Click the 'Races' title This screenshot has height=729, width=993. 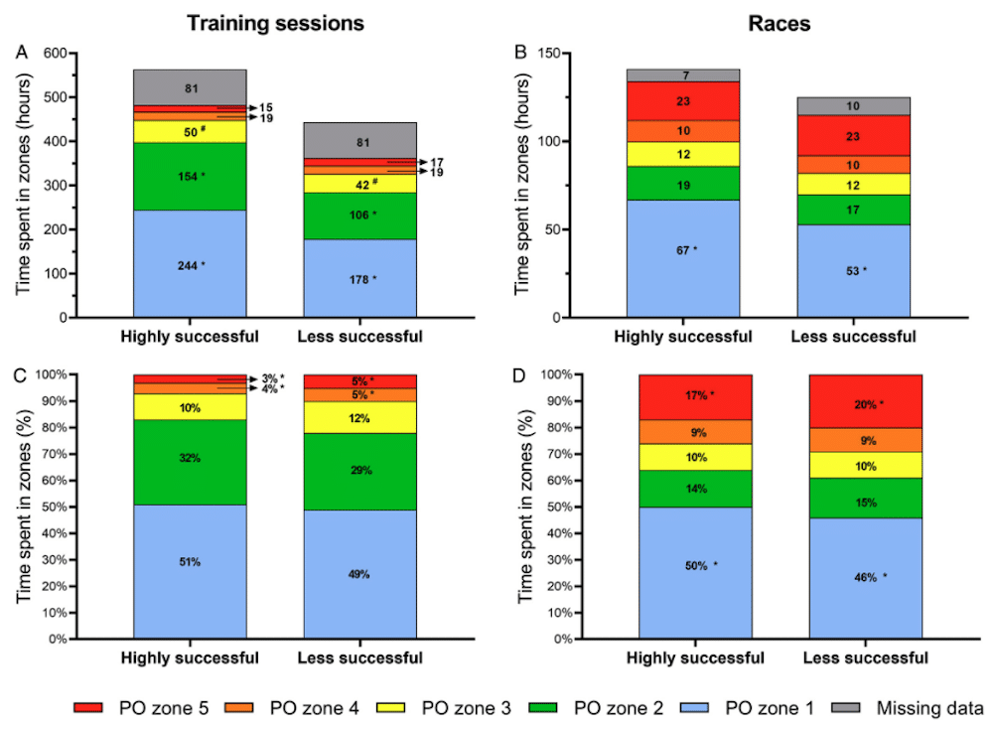point(780,23)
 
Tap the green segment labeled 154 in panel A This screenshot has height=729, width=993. point(190,176)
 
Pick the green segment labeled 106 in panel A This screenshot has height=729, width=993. point(360,215)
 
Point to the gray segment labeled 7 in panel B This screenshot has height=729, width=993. point(682,75)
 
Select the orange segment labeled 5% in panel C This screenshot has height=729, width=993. point(360,395)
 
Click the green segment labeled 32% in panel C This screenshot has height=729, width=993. point(190,458)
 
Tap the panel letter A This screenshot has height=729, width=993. point(21,53)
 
